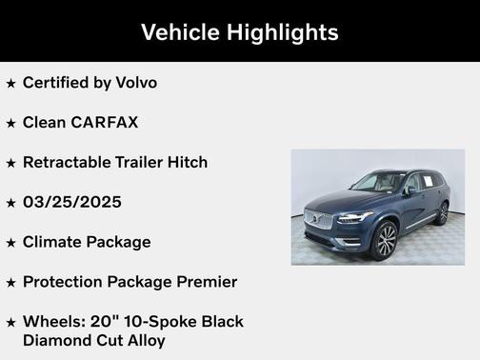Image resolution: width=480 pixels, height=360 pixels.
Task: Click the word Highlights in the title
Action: (283, 32)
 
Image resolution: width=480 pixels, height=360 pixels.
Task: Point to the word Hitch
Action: (185, 162)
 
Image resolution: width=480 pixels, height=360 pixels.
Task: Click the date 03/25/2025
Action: (72, 202)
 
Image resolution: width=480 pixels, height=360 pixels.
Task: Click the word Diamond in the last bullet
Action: (56, 340)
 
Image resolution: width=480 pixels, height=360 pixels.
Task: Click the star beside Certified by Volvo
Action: (10, 84)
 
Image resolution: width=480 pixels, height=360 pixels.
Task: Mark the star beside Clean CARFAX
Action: (10, 123)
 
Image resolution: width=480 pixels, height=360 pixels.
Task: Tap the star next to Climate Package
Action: (10, 243)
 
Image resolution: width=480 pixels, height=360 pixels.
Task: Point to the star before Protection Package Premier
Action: (10, 283)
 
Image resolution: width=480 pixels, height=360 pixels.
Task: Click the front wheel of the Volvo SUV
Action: (386, 241)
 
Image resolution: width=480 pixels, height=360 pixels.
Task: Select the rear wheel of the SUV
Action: (442, 213)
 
